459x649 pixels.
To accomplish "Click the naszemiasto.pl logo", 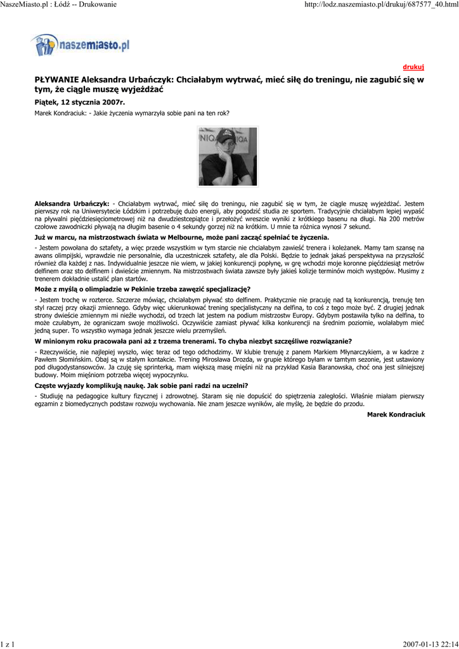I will pyautogui.click(x=80, y=44).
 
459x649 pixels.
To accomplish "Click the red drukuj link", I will pyautogui.click(x=413, y=67).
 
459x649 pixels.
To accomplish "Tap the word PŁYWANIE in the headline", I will pyautogui.click(x=56, y=80).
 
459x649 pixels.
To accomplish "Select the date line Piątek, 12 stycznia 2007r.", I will pyautogui.click(x=79, y=101).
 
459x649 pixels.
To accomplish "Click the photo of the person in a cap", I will pyautogui.click(x=228, y=157).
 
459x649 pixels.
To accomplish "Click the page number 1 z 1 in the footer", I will pyautogui.click(x=8, y=644).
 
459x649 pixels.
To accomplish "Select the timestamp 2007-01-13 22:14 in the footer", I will pyautogui.click(x=429, y=644).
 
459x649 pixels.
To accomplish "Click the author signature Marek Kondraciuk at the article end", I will pyautogui.click(x=396, y=414).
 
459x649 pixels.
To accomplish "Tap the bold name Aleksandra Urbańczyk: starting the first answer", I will pyautogui.click(x=72, y=203).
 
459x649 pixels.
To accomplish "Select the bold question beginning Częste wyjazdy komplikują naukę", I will pyautogui.click(x=141, y=385).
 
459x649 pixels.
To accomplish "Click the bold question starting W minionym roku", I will pyautogui.click(x=188, y=341).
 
